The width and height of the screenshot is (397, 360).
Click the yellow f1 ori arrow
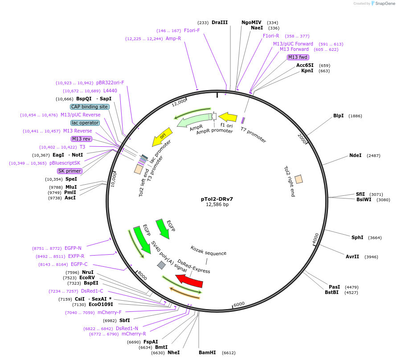point(228,117)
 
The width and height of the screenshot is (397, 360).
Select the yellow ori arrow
point(162,137)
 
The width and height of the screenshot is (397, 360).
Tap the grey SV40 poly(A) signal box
point(161,265)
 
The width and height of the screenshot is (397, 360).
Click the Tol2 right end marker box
point(299,179)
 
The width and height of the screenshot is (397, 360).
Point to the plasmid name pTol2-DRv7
point(217,199)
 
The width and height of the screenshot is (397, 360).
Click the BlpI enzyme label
point(339,116)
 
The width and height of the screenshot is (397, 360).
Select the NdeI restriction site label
point(356,156)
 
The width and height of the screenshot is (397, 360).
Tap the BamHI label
point(207,352)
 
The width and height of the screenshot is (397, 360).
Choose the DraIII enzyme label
point(220,22)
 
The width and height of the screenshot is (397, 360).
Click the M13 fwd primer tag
point(298,57)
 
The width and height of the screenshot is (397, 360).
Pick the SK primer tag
point(70,171)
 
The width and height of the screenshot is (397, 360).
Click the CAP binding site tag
point(90,107)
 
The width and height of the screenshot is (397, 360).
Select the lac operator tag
point(85,123)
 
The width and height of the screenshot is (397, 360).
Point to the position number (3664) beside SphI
point(375,238)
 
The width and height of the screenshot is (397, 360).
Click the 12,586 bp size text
point(217,205)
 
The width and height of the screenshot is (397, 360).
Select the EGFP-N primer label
point(73,248)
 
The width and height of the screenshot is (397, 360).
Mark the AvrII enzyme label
point(352,257)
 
